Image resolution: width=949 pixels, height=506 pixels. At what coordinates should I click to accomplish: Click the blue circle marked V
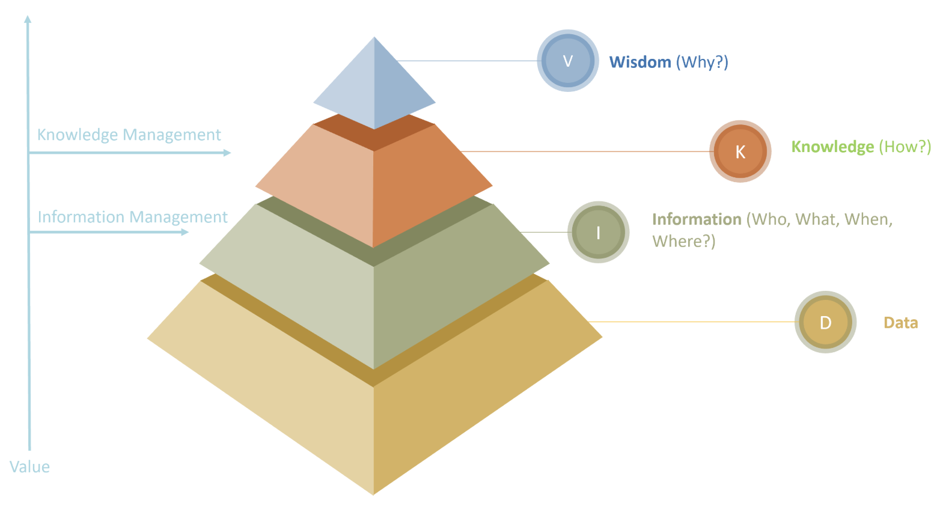pyautogui.click(x=567, y=61)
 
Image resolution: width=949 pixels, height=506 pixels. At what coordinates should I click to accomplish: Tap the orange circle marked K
pyautogui.click(x=740, y=151)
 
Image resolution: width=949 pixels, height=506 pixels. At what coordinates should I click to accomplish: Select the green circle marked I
pyautogui.click(x=598, y=233)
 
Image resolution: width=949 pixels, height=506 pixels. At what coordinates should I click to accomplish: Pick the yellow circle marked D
pyautogui.click(x=825, y=323)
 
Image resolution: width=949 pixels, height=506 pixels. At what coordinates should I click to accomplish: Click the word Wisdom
pyautogui.click(x=640, y=62)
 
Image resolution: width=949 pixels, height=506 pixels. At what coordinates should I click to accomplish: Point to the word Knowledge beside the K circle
pyautogui.click(x=832, y=147)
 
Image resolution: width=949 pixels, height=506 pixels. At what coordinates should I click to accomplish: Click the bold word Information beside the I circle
pyautogui.click(x=697, y=219)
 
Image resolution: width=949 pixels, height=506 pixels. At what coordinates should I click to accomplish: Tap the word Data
pyautogui.click(x=900, y=323)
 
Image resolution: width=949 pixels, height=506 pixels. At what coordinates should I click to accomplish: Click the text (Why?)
pyautogui.click(x=702, y=62)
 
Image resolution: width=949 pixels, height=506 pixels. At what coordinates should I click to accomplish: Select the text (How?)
pyautogui.click(x=905, y=147)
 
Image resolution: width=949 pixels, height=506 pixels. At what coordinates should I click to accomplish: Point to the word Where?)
pyautogui.click(x=683, y=242)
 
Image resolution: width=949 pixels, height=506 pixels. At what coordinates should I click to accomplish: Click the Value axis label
pyautogui.click(x=29, y=467)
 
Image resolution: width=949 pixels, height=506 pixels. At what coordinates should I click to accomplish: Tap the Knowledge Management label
pyautogui.click(x=129, y=135)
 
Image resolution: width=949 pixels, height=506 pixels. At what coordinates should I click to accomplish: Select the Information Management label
pyautogui.click(x=132, y=217)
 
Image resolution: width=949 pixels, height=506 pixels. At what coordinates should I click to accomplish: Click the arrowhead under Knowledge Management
pyautogui.click(x=227, y=153)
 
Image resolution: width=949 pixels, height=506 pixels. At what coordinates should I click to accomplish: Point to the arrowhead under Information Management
pyautogui.click(x=185, y=232)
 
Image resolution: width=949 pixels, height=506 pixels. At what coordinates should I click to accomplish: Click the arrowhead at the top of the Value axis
pyautogui.click(x=28, y=19)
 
